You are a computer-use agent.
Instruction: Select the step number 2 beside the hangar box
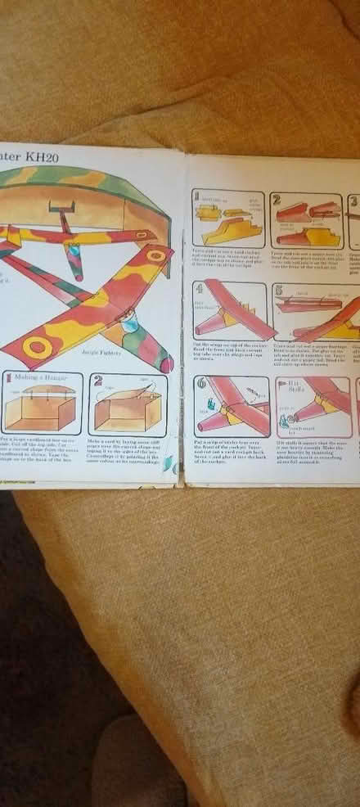pyautogui.click(x=98, y=381)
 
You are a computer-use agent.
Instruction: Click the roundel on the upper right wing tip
pyautogui.click(x=156, y=255)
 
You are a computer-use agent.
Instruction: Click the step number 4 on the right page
pyautogui.click(x=199, y=290)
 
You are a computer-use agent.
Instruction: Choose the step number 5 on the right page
pyautogui.click(x=278, y=290)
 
